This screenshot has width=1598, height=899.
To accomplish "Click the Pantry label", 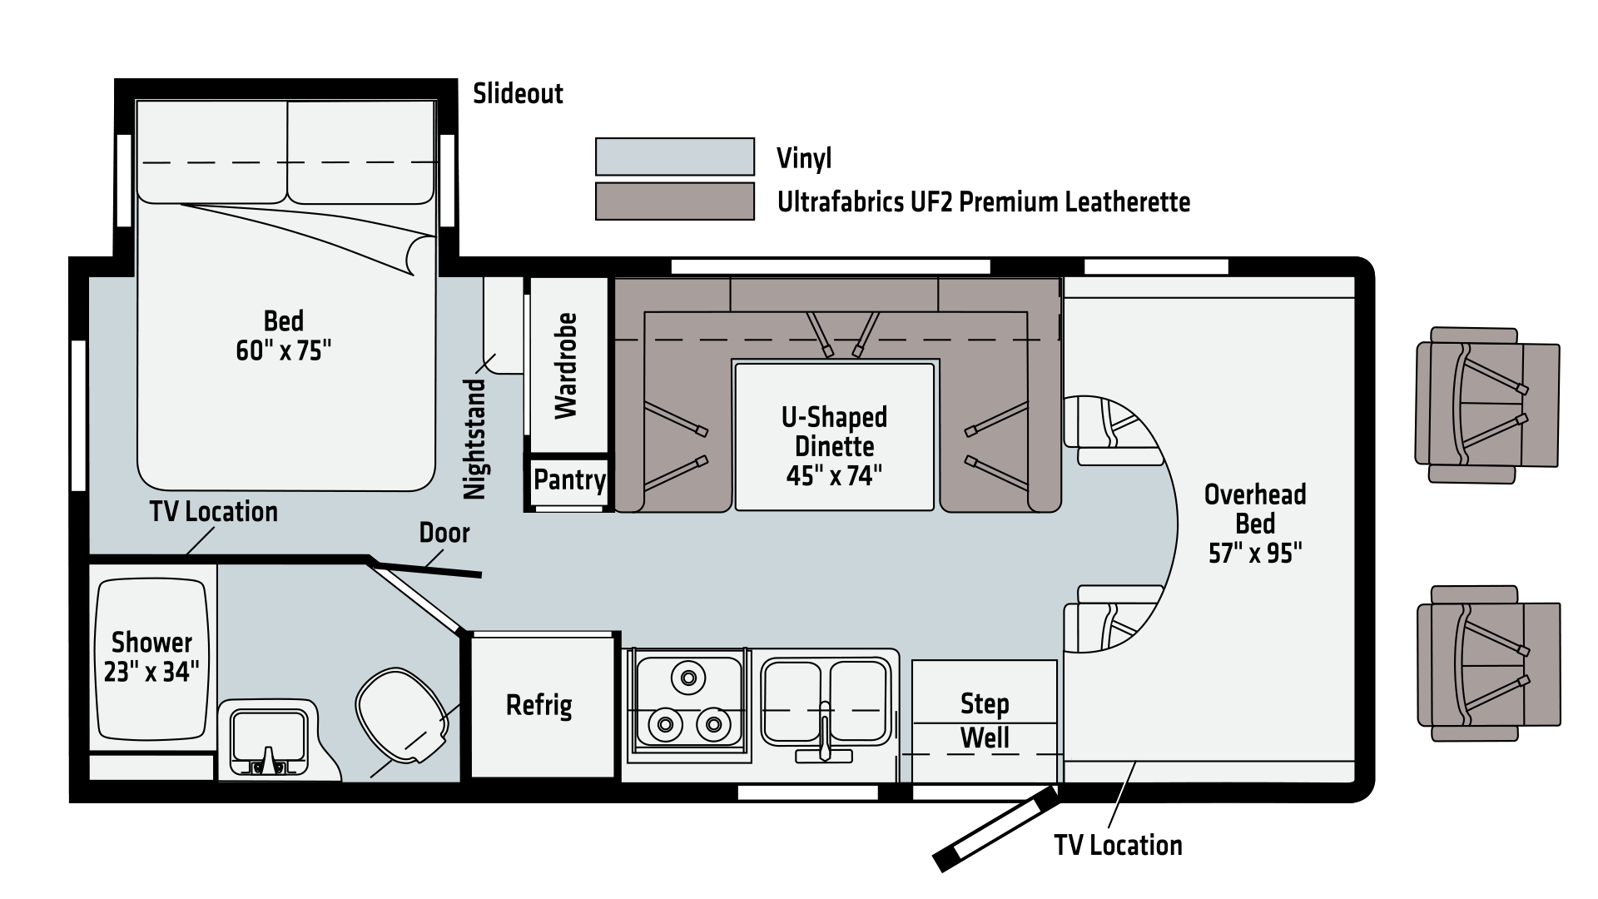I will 569,480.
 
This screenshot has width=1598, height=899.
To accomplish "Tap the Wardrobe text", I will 566,366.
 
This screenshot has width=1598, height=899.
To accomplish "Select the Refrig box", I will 539,705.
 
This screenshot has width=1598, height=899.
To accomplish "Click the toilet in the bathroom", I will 399,718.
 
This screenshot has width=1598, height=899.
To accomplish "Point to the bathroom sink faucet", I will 269,759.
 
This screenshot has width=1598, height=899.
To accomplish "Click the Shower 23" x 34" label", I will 151,656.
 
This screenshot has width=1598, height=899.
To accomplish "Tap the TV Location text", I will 214,511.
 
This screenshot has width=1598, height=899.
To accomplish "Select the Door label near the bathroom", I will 444,533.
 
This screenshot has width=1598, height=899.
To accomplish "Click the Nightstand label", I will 474,439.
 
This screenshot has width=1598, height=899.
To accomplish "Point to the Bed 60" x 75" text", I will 284,335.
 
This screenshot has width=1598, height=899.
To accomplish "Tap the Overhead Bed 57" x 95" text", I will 1255,524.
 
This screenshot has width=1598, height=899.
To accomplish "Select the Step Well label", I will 985,721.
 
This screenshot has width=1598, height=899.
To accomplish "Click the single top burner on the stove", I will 688,678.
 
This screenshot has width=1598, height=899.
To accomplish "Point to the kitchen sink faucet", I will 824,733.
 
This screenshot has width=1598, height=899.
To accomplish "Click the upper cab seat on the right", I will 1487,405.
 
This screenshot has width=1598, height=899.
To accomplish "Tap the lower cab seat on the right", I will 1487,663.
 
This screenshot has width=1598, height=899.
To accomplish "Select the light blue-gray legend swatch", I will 675,156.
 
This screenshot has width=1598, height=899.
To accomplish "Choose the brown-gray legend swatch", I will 675,201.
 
